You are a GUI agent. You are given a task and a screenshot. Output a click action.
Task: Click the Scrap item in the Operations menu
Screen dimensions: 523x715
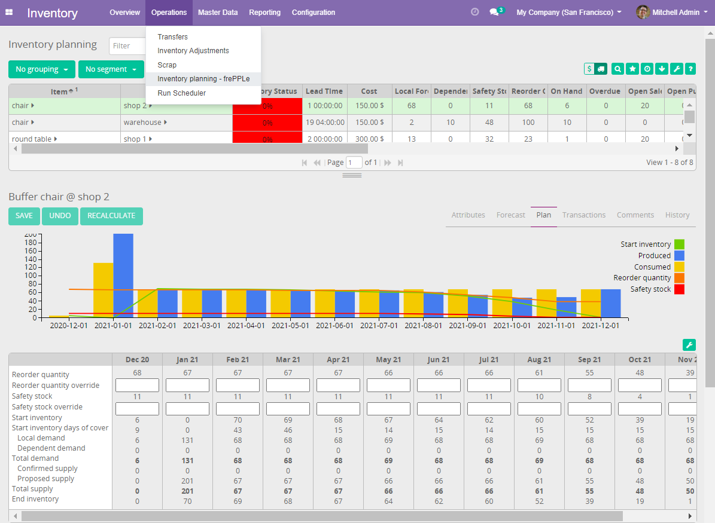pos(167,65)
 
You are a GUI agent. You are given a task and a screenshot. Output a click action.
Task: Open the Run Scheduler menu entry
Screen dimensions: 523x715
pos(181,93)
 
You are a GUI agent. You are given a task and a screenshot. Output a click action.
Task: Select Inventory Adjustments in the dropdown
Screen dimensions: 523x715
pos(193,51)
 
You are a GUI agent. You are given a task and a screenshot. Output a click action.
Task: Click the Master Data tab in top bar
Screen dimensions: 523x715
pos(217,13)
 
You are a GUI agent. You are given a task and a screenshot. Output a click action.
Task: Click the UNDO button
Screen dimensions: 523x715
pos(60,216)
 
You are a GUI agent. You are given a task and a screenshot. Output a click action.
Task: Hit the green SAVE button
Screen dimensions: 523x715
pos(24,216)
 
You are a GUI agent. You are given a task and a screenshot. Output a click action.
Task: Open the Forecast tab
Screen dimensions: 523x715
pos(510,215)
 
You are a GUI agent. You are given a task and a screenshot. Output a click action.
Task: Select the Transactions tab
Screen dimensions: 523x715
pos(583,215)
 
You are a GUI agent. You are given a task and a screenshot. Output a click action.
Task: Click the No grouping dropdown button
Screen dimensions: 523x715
pos(41,69)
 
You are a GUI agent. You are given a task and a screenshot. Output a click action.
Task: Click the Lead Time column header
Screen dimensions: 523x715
pos(324,91)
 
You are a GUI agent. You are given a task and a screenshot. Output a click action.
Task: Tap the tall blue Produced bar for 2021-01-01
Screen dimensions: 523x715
pos(123,275)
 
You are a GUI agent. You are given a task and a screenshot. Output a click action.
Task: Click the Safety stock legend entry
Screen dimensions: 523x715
pos(651,289)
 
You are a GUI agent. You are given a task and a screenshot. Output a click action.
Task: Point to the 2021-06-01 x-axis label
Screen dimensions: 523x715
pos(337,326)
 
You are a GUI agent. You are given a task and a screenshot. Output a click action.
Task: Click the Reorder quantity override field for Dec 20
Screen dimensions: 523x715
pos(137,386)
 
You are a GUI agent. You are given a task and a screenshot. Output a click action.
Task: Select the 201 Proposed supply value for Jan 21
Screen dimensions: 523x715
pos(187,479)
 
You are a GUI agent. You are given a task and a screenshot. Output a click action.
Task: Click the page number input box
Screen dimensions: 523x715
pos(354,163)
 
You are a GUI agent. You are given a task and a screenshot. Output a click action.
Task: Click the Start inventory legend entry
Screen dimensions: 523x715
pos(646,244)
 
